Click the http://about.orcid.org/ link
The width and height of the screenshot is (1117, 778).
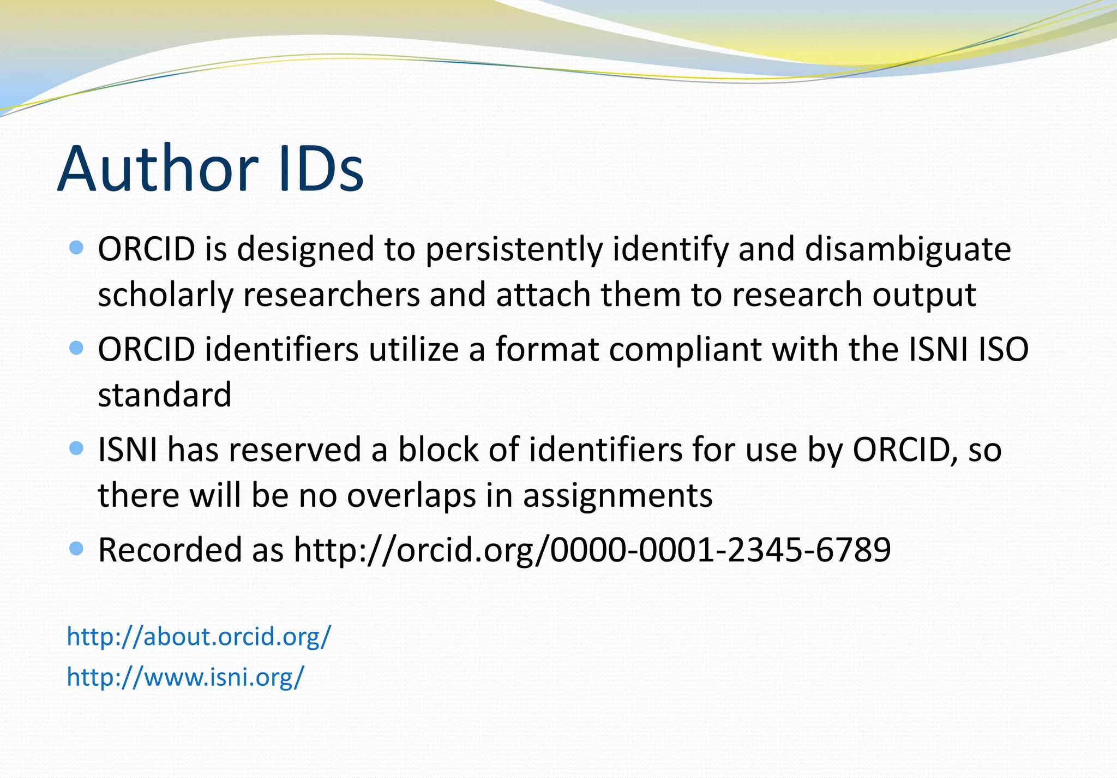pos(199,636)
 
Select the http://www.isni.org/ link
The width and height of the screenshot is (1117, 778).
pos(185,677)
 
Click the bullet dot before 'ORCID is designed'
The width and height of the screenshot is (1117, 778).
pos(77,248)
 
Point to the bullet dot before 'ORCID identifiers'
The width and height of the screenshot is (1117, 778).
pos(77,348)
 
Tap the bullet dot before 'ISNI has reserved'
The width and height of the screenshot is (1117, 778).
pos(77,448)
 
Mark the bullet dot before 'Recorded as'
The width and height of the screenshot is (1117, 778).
pos(77,548)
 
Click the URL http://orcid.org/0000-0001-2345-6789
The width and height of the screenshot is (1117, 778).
pos(592,549)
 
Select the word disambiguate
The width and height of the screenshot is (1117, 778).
pos(908,249)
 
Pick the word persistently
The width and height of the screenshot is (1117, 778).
pos(514,249)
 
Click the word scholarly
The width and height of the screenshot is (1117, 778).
pos(165,295)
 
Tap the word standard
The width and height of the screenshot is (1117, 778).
pos(165,394)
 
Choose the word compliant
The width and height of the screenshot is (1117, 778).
pos(684,349)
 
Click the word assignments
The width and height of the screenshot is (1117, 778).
pos(617,495)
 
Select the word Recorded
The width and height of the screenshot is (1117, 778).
pos(170,549)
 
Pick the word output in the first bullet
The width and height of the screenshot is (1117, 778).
pos(924,295)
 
